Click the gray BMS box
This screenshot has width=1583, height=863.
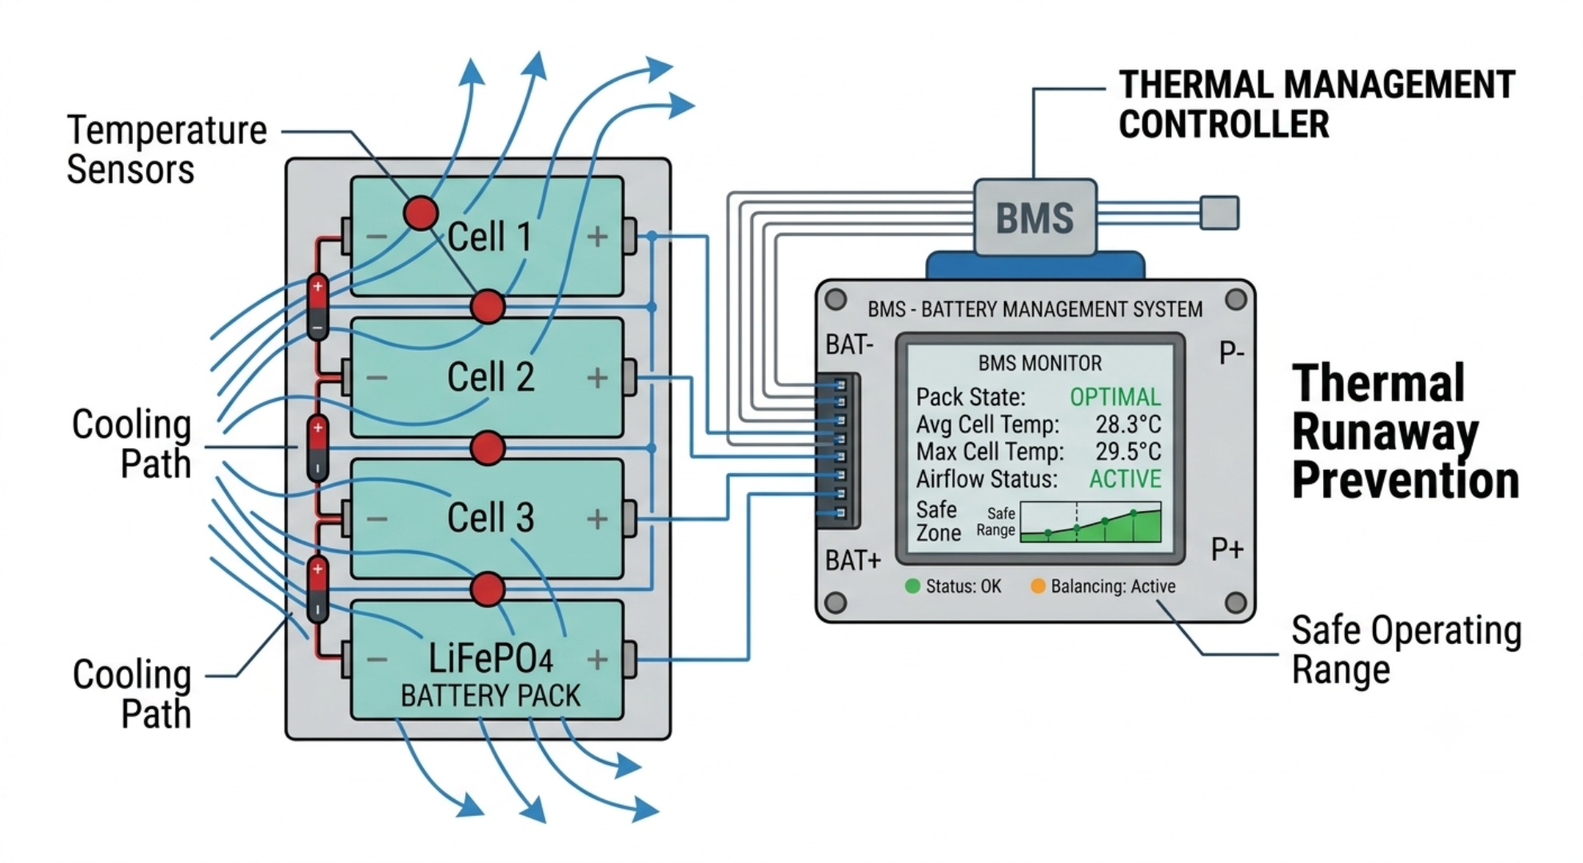[x=1035, y=217]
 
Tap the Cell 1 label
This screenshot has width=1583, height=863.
[x=489, y=237]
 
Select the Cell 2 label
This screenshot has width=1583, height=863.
[x=490, y=377]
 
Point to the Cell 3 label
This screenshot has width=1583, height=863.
[x=490, y=518]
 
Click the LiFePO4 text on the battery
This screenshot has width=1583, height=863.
[x=491, y=658]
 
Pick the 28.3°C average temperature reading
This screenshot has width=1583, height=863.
[x=1128, y=424]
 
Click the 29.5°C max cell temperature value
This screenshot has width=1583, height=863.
[x=1128, y=451]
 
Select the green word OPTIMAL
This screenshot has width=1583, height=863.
[x=1115, y=397]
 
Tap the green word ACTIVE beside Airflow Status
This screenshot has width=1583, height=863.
[x=1125, y=479]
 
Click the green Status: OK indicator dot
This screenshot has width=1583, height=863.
[x=912, y=586]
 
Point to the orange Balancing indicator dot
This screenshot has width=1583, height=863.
[x=1038, y=586]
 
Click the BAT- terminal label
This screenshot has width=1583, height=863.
[x=849, y=345]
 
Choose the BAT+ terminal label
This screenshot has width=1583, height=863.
[x=853, y=561]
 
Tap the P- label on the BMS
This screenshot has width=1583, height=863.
[x=1231, y=352]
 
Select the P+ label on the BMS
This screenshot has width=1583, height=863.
[x=1227, y=550]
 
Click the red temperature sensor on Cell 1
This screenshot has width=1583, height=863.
[x=421, y=213]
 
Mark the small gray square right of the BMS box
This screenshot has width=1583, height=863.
[x=1219, y=213]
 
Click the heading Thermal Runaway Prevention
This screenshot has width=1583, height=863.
[x=1406, y=431]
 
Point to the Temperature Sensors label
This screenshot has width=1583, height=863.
[x=166, y=149]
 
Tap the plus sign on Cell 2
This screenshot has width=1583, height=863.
[x=597, y=377]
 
